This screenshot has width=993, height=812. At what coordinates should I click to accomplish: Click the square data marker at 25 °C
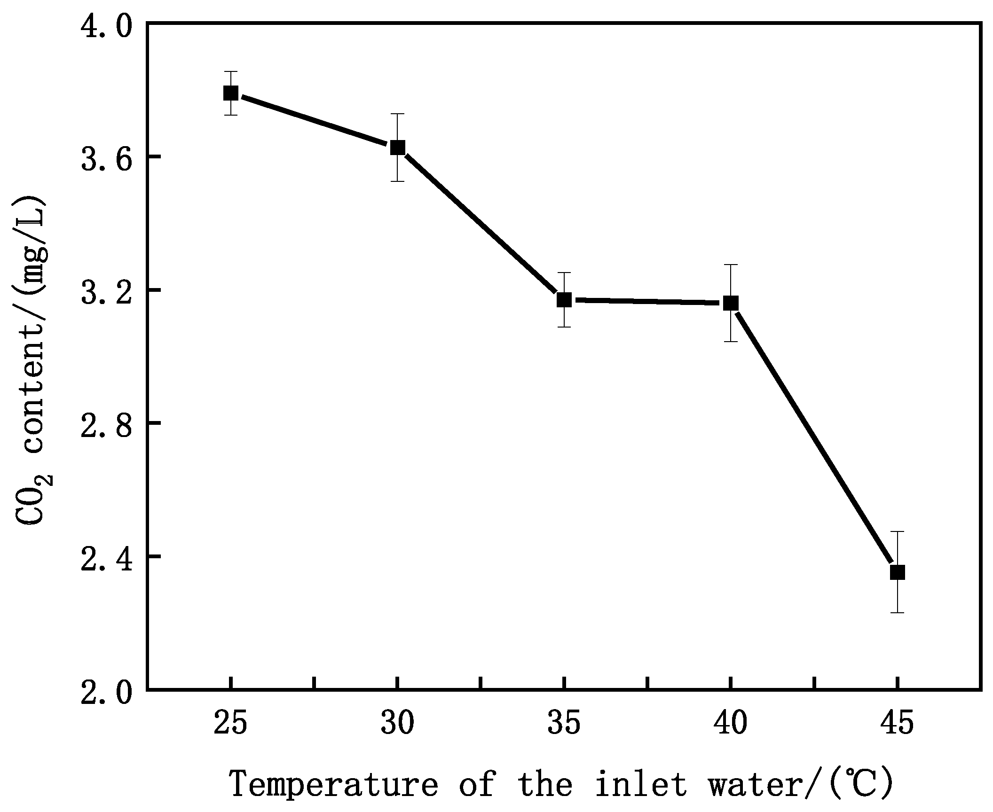tap(230, 93)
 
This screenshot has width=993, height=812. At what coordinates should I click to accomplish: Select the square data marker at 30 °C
tap(397, 148)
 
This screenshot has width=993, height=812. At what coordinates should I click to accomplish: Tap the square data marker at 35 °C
tap(564, 299)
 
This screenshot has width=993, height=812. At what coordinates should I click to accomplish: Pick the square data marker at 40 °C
tap(731, 303)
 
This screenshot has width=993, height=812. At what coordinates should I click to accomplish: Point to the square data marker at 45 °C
tap(897, 572)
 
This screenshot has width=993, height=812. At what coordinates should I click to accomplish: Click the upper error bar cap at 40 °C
tap(731, 265)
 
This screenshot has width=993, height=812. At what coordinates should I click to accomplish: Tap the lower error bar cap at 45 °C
tap(897, 613)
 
